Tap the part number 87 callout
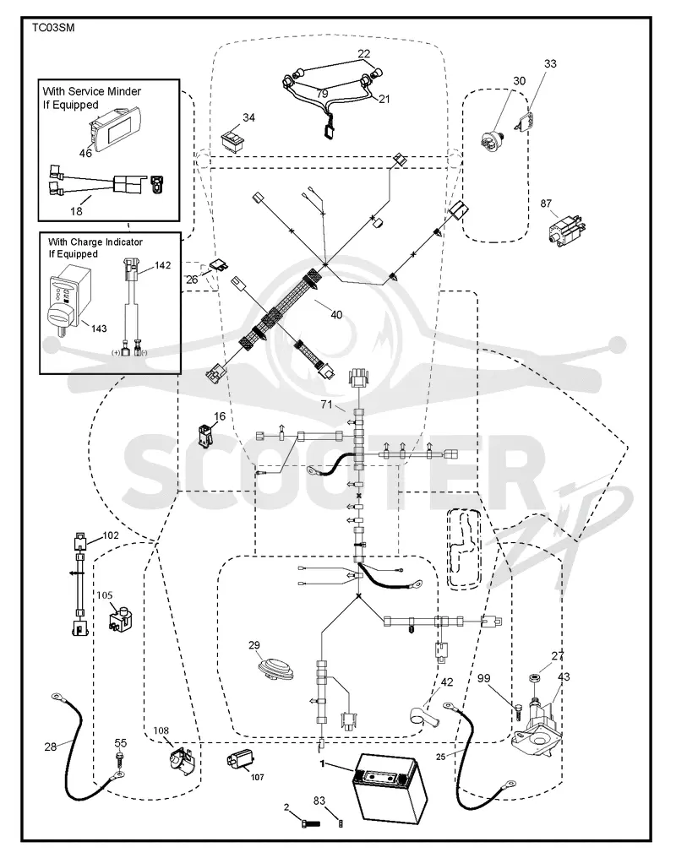[546, 204]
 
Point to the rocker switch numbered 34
[233, 139]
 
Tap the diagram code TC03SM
[52, 28]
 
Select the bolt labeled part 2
[309, 823]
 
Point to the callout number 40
[336, 315]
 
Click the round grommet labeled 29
[275, 669]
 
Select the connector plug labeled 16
[206, 434]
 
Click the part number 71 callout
[326, 405]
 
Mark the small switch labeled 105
[122, 619]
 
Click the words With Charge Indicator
[95, 242]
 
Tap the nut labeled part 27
[534, 678]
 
